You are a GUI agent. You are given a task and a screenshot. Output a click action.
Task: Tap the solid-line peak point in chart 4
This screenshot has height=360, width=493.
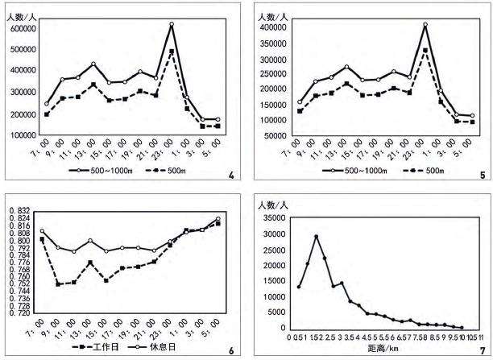[x=172, y=24]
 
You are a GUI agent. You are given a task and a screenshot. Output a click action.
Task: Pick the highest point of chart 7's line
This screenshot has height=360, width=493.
[x=317, y=237]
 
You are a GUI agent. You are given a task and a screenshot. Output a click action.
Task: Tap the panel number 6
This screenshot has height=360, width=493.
[x=231, y=350]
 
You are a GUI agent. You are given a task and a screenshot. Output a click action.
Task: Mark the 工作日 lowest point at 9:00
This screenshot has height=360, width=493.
[x=58, y=283]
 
